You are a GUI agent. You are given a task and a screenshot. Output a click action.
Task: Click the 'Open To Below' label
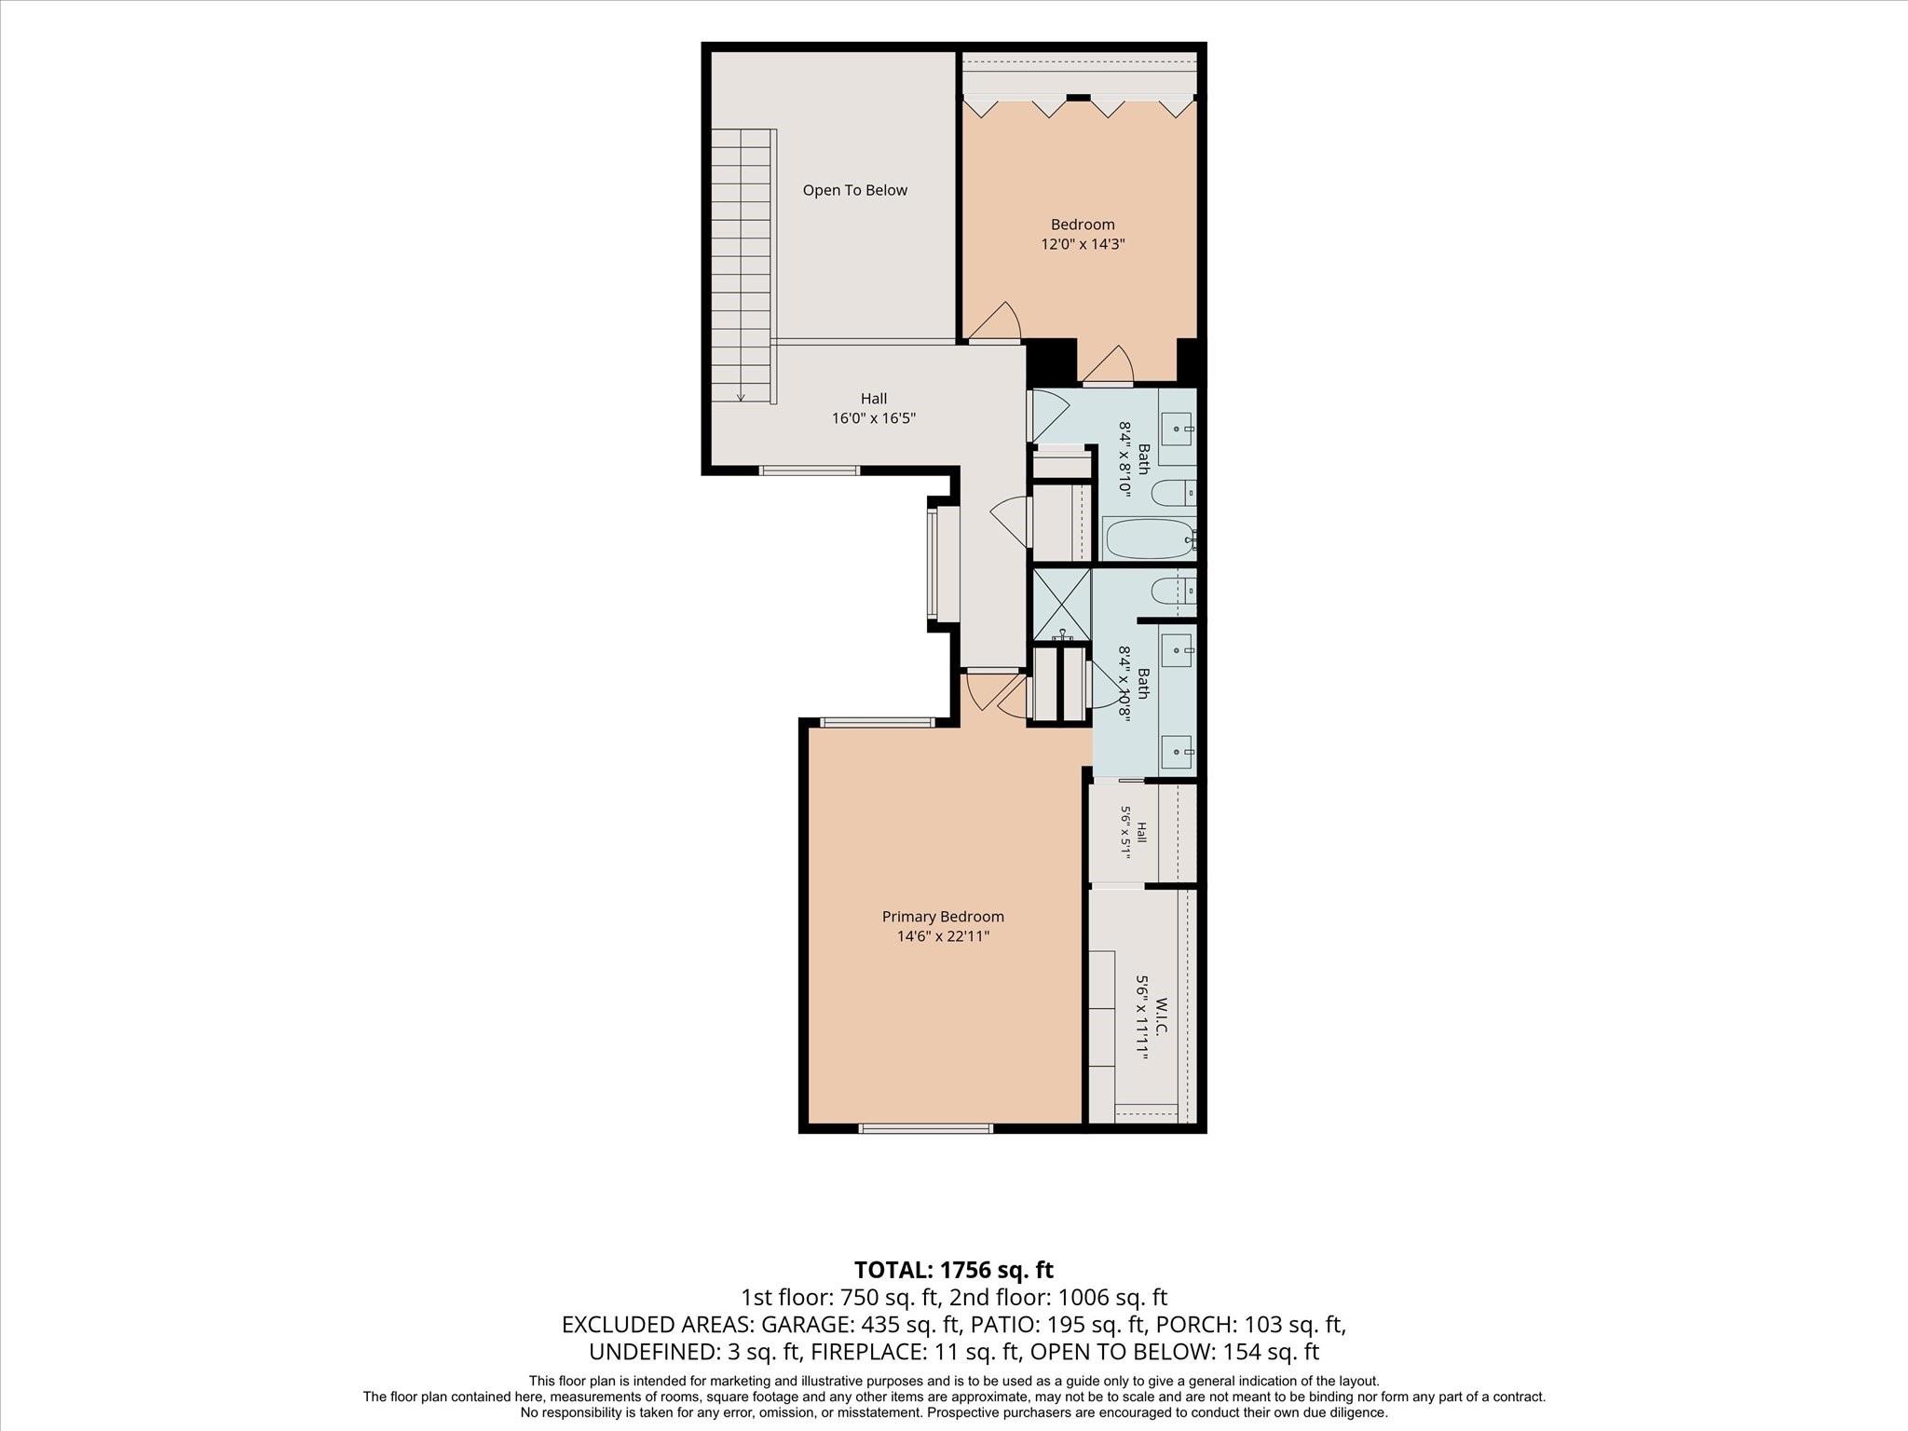(x=854, y=190)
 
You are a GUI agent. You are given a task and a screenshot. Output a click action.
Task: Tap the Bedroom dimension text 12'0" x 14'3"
(x=1083, y=244)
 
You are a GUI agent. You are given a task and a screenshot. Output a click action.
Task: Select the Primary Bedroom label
(x=943, y=917)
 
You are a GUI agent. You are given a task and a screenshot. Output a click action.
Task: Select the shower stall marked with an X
(x=1061, y=605)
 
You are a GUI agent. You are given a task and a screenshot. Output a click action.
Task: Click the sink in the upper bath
(x=1176, y=429)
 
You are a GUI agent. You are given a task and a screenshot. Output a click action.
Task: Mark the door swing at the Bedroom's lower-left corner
(x=995, y=321)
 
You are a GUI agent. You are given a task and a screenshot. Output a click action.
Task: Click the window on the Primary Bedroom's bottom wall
(x=925, y=1128)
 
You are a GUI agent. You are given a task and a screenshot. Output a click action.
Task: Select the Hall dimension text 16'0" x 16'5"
(x=874, y=418)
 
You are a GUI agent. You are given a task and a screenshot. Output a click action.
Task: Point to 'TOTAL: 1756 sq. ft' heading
(x=954, y=1269)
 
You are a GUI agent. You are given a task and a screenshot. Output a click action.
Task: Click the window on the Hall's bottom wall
(x=810, y=470)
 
